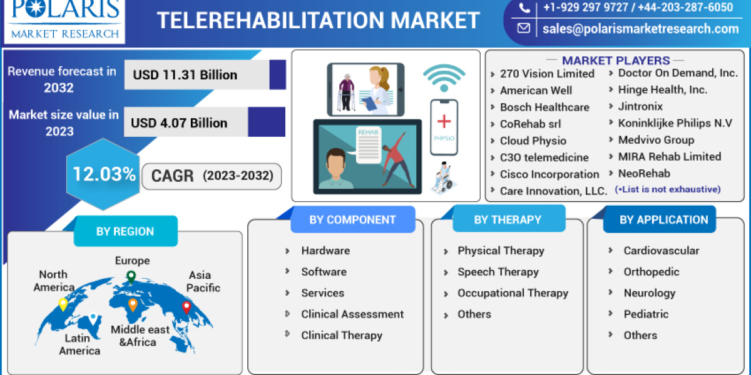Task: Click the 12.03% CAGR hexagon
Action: [104, 174]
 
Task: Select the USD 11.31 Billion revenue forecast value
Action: [185, 75]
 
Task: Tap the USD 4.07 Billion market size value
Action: [179, 123]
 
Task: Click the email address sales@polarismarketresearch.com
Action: [641, 28]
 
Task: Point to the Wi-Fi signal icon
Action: [444, 77]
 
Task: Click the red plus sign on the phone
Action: [444, 121]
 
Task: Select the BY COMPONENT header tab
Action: [352, 219]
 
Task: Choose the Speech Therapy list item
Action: [498, 272]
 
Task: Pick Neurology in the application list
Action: [649, 293]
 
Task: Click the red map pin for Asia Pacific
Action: [186, 307]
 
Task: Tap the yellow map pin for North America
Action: [63, 304]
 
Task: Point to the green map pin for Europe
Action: [131, 276]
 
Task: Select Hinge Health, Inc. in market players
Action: [662, 90]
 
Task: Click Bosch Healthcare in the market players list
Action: [544, 107]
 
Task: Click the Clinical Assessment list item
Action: [352, 314]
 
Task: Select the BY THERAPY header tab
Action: [508, 219]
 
